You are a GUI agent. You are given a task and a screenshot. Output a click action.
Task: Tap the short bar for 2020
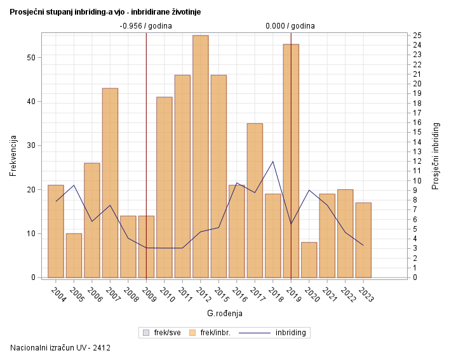[309, 260]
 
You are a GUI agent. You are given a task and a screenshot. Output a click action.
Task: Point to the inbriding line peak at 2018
[273, 161]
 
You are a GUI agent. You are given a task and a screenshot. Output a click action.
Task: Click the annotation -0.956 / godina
[145, 26]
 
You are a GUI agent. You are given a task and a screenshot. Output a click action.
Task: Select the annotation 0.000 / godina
[290, 26]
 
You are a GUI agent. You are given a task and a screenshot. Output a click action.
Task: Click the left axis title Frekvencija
[13, 156]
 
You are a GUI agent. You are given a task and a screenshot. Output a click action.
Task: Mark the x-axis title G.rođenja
[224, 313]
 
